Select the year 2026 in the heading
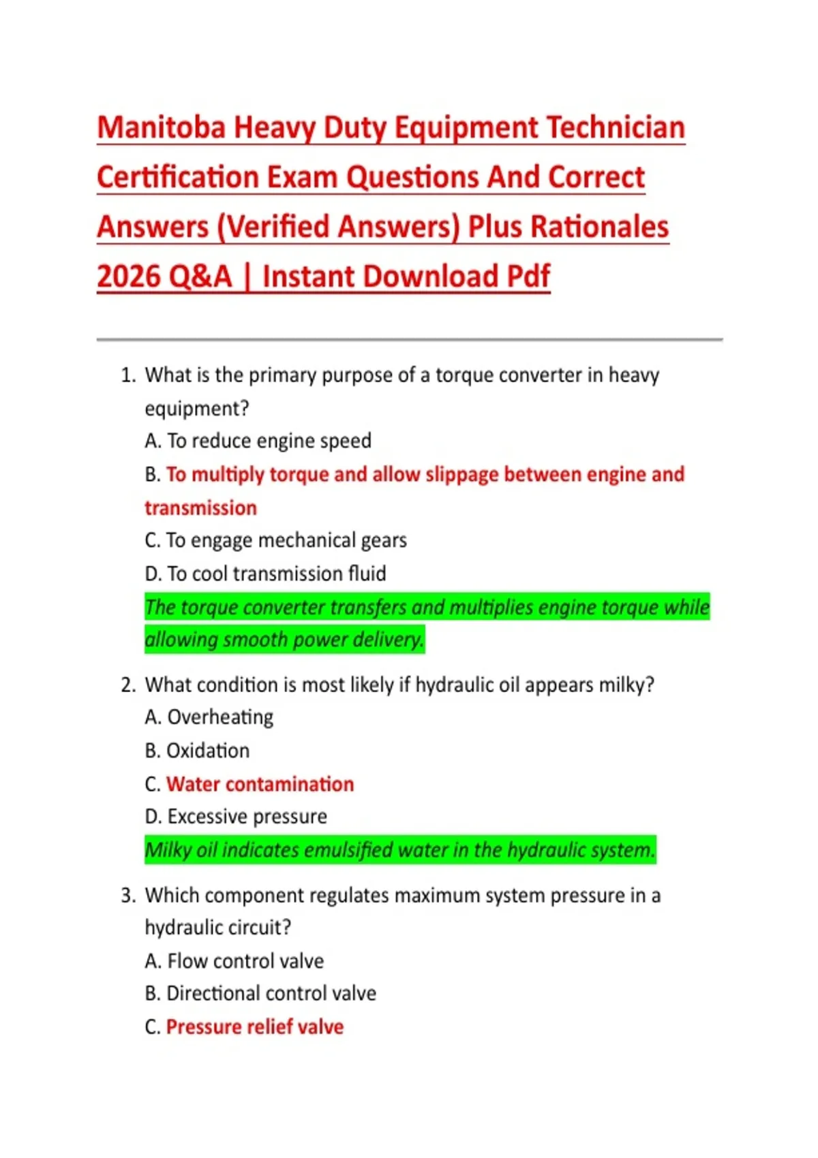(126, 277)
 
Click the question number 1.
(127, 375)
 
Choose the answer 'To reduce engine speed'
(269, 441)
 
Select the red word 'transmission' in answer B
(200, 508)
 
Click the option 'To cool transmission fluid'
(276, 574)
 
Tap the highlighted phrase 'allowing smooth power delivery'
(284, 640)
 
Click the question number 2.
(127, 685)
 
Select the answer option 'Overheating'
(220, 718)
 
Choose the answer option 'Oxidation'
(208, 751)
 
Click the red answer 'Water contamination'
(260, 785)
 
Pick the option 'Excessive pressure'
(247, 817)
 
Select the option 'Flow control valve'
(245, 961)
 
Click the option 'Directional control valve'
(271, 994)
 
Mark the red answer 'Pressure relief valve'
(254, 1027)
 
